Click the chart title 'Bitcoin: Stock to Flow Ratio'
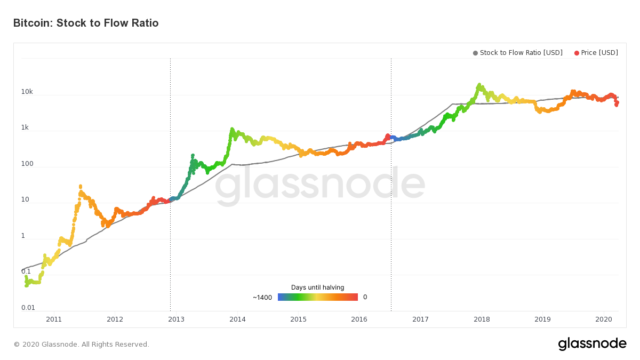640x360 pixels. coord(86,23)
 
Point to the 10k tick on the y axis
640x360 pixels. coord(27,92)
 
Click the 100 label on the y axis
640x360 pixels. coord(27,164)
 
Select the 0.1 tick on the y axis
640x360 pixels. coord(26,271)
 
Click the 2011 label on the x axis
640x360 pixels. coord(54,319)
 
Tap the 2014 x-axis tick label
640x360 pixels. coord(237,319)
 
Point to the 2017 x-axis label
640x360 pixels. coord(421,319)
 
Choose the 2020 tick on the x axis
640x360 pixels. coord(604,319)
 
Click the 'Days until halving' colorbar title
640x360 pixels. coord(317,287)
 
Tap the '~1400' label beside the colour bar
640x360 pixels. coord(262,297)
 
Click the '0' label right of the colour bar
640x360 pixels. coord(365,297)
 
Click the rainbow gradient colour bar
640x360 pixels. coord(317,297)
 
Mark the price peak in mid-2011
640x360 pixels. coord(80,186)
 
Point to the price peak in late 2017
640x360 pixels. coord(479,85)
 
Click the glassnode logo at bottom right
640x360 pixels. coord(592,344)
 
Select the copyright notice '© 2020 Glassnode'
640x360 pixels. coord(82,345)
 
